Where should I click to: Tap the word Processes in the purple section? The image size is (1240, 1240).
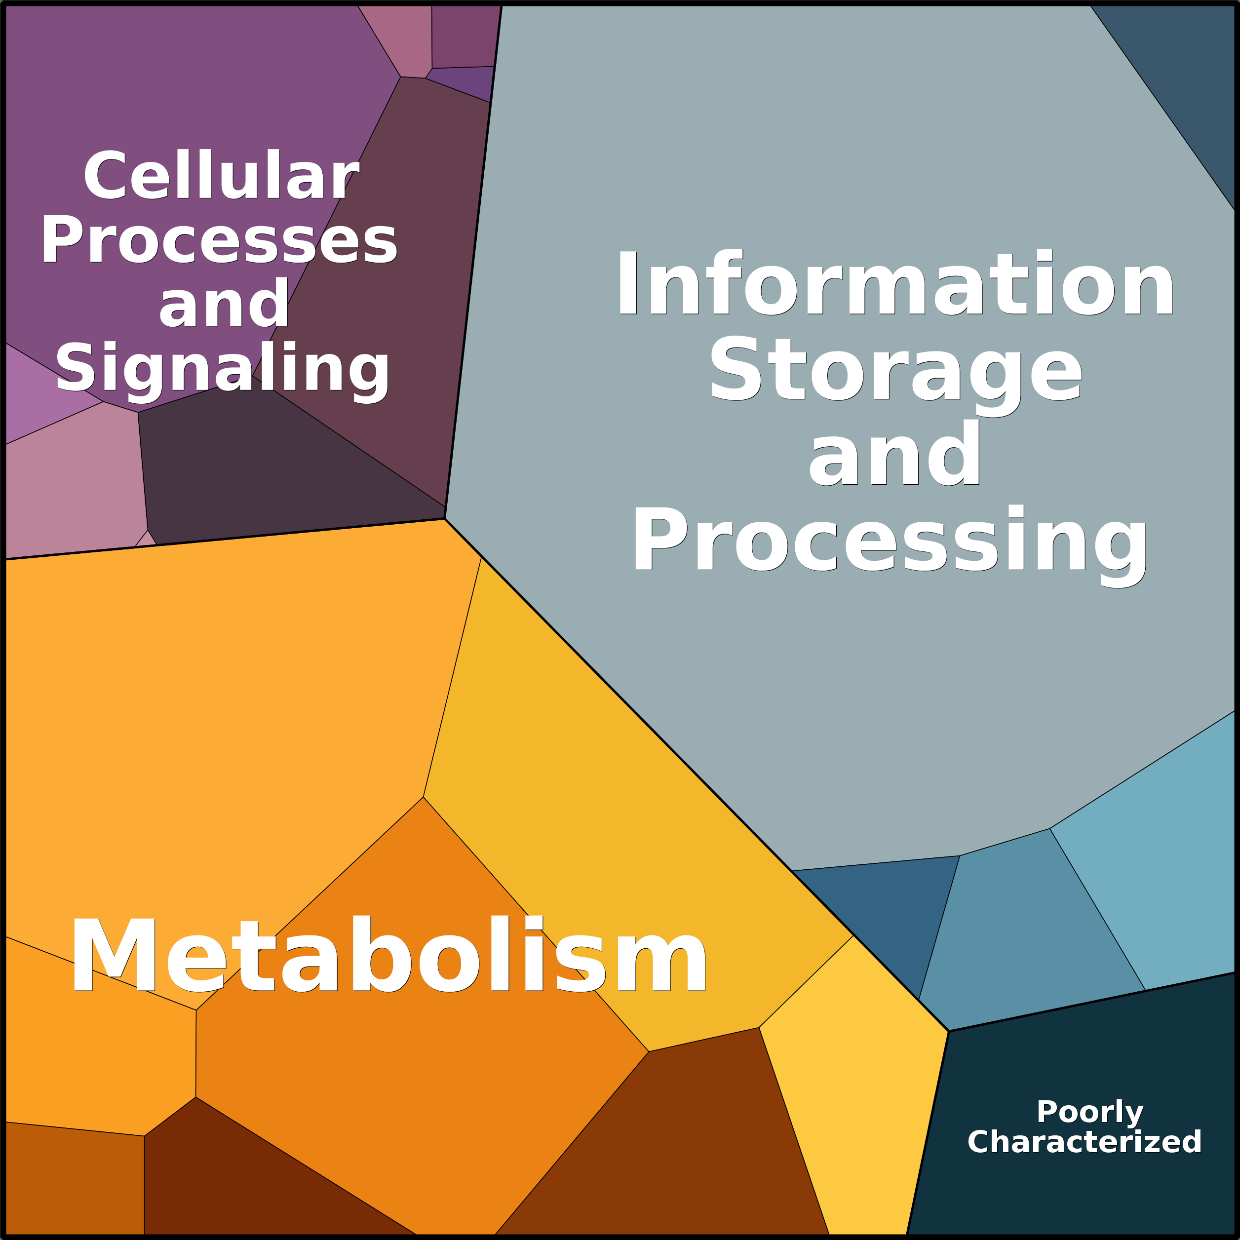[219, 239]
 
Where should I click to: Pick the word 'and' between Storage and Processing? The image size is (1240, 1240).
[894, 453]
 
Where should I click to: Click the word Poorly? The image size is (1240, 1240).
[1090, 1112]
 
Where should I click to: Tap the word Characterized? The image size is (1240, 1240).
[1084, 1142]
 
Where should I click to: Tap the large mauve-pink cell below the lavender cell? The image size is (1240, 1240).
[74, 481]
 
